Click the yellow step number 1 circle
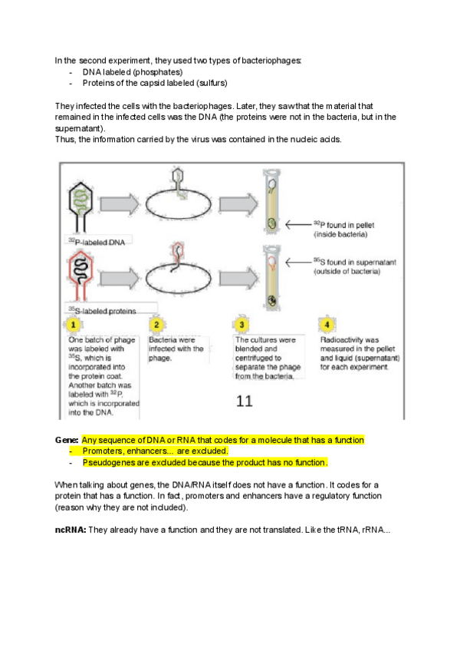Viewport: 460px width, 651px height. click(x=75, y=325)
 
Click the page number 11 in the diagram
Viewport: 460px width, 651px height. click(x=244, y=400)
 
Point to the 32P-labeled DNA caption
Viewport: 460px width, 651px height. click(x=97, y=240)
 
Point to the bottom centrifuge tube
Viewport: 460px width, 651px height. click(x=271, y=276)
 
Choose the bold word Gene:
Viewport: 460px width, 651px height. click(x=67, y=440)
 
